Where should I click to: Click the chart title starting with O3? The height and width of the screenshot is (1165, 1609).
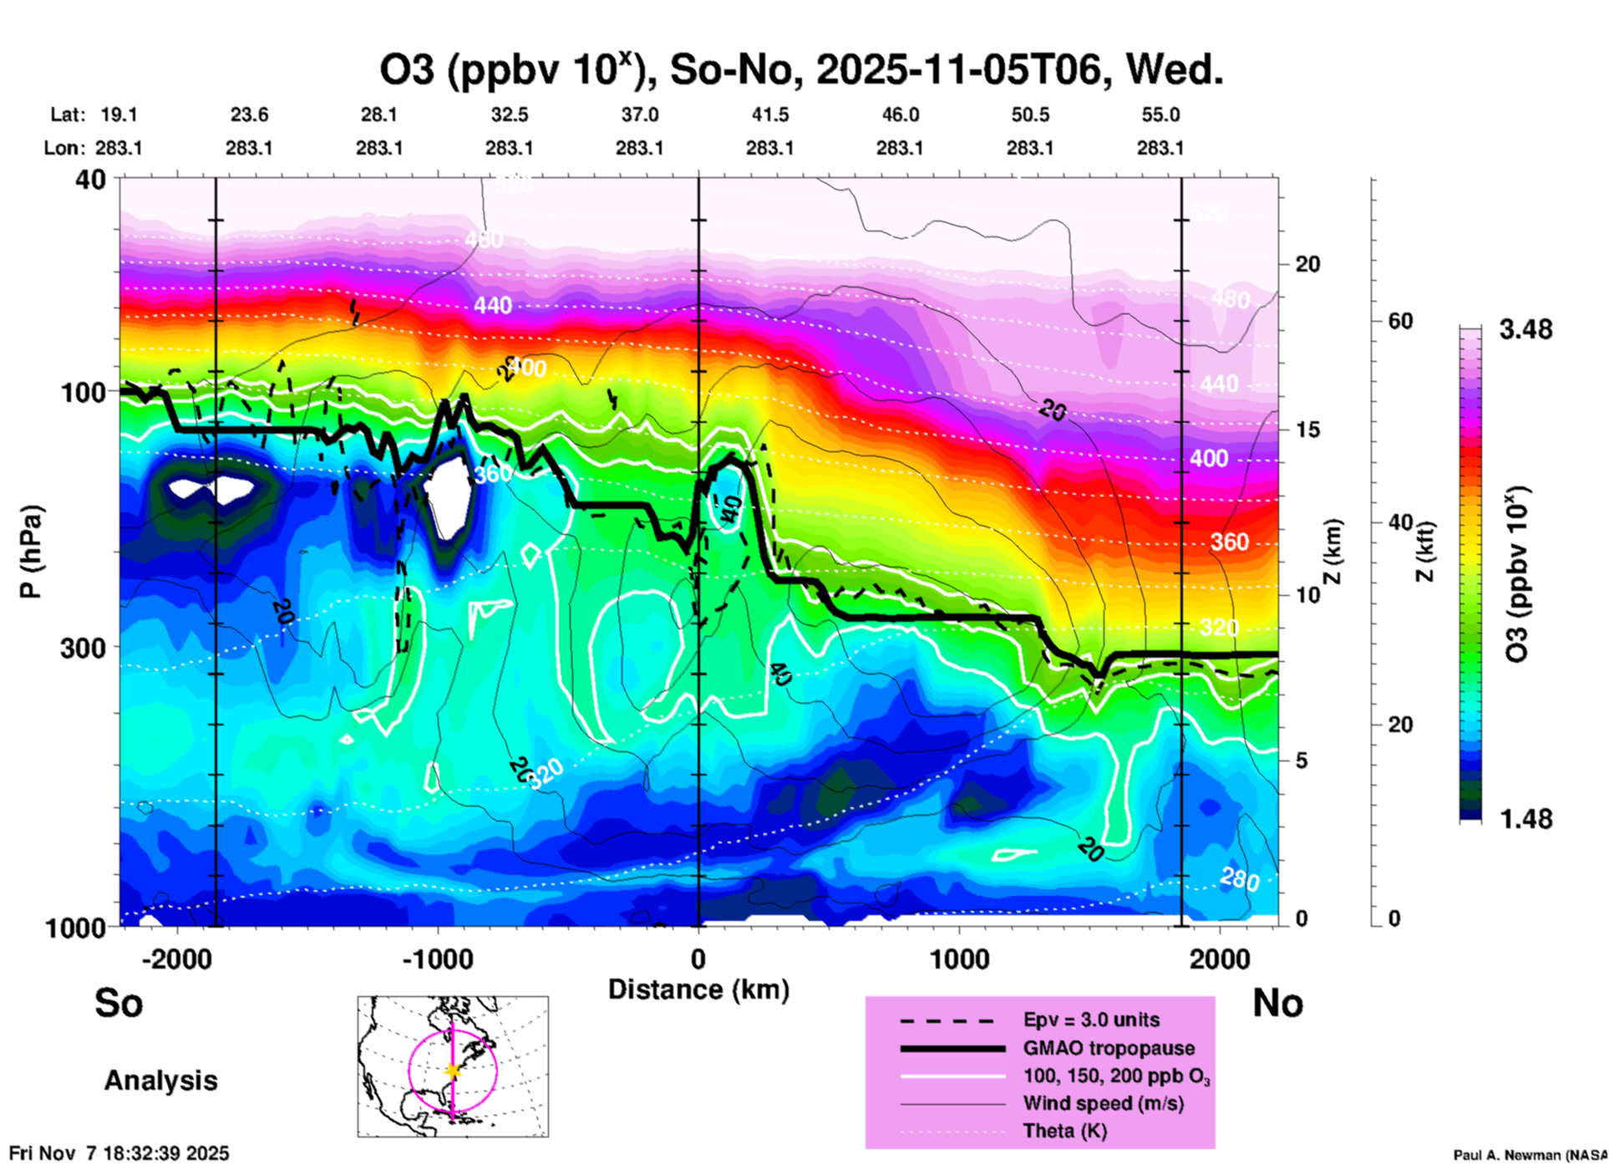click(x=801, y=70)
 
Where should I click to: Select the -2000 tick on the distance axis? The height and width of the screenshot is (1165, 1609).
click(x=177, y=959)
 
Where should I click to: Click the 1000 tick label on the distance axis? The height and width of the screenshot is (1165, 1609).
click(x=959, y=959)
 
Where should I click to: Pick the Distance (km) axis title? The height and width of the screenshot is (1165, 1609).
click(x=698, y=989)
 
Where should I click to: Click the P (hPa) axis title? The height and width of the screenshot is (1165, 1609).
click(x=30, y=552)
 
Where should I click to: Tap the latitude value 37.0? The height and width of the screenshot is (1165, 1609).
click(x=640, y=115)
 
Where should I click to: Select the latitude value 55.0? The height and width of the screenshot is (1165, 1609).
click(x=1160, y=115)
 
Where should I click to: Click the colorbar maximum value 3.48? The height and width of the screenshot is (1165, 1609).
click(x=1525, y=330)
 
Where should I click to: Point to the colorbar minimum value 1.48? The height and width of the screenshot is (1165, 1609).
click(x=1525, y=819)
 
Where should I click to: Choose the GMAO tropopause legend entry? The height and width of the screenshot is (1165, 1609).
click(x=1109, y=1048)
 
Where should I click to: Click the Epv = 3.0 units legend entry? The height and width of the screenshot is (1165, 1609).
click(x=1091, y=1020)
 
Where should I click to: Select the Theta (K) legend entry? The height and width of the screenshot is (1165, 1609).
click(x=1064, y=1132)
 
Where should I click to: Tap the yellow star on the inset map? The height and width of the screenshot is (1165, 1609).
click(x=453, y=1071)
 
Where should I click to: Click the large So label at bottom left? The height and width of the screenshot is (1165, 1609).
click(x=119, y=1003)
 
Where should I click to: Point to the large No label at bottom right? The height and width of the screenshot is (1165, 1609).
click(x=1277, y=1003)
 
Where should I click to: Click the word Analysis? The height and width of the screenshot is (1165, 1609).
click(x=160, y=1081)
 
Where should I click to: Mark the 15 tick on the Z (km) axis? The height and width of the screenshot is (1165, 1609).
click(x=1307, y=430)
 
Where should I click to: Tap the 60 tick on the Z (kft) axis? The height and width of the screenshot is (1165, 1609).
click(x=1400, y=322)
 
